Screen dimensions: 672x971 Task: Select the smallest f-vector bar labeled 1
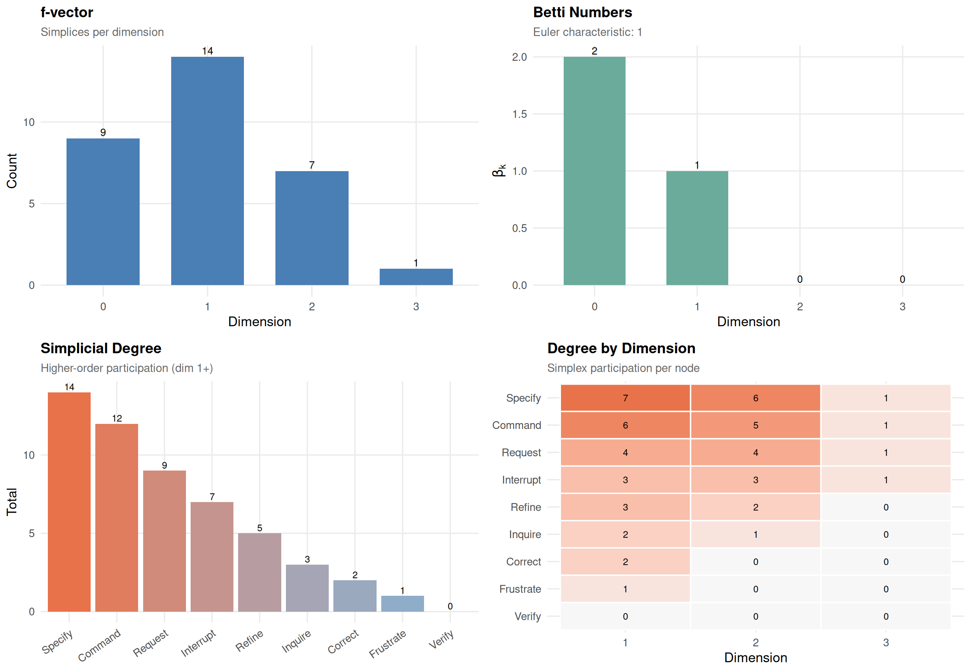point(415,276)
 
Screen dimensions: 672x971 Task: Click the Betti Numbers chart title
point(582,12)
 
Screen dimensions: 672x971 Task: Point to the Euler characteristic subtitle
point(587,32)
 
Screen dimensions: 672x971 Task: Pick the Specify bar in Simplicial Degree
point(69,502)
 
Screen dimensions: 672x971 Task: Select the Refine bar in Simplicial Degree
point(259,572)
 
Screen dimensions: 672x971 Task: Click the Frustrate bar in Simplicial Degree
point(402,604)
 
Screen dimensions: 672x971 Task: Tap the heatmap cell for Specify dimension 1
point(625,398)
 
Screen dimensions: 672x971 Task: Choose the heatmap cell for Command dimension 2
point(755,425)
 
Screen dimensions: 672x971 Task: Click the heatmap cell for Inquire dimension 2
point(755,534)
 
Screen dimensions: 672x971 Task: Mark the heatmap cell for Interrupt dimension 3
point(885,480)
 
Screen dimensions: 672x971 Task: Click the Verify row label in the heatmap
point(527,616)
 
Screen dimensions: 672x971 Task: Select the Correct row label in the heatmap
point(523,562)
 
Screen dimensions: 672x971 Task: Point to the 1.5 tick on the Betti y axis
point(519,114)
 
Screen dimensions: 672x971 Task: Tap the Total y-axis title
point(11,502)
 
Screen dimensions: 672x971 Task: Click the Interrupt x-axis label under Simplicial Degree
point(198,642)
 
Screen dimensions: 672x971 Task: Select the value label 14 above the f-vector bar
point(207,51)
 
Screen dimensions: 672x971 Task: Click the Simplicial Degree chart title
point(101,348)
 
